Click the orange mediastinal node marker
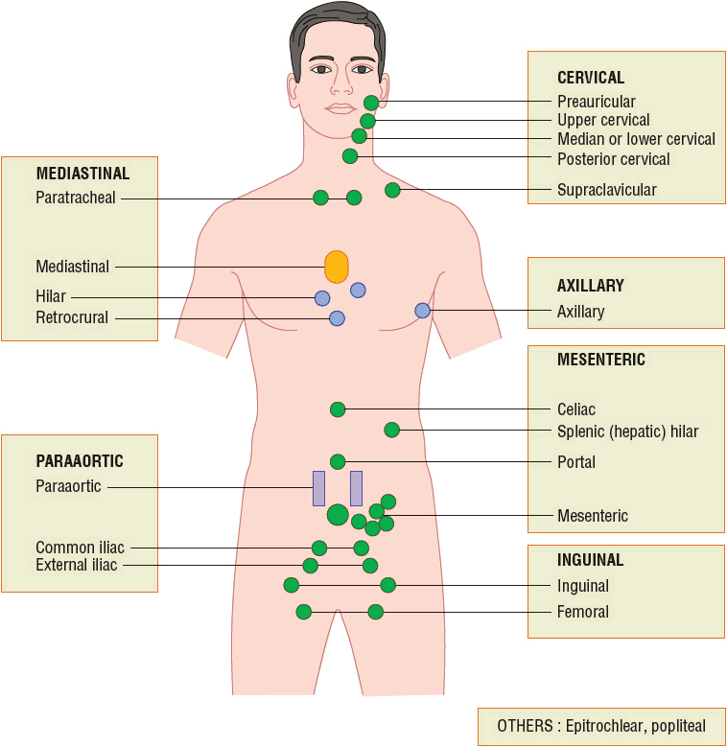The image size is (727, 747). [337, 267]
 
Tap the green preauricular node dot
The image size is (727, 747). [371, 103]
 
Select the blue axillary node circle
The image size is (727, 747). [422, 310]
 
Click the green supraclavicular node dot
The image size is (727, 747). [392, 190]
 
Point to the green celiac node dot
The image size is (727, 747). [338, 409]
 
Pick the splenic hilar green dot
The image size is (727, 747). [391, 430]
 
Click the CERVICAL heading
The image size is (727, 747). [590, 78]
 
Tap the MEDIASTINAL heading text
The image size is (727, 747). [82, 174]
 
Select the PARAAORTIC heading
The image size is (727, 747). [80, 461]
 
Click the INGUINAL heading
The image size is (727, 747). [590, 559]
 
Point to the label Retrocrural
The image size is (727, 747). [72, 317]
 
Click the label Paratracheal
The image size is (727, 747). [76, 198]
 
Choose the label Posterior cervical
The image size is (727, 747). [613, 159]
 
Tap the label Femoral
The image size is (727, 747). [582, 612]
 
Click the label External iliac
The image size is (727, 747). [77, 565]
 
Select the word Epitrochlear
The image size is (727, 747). [603, 726]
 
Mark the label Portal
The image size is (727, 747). [575, 462]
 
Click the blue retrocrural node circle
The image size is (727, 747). [337, 318]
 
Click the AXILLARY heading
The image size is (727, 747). [590, 286]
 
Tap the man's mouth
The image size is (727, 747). [341, 108]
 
